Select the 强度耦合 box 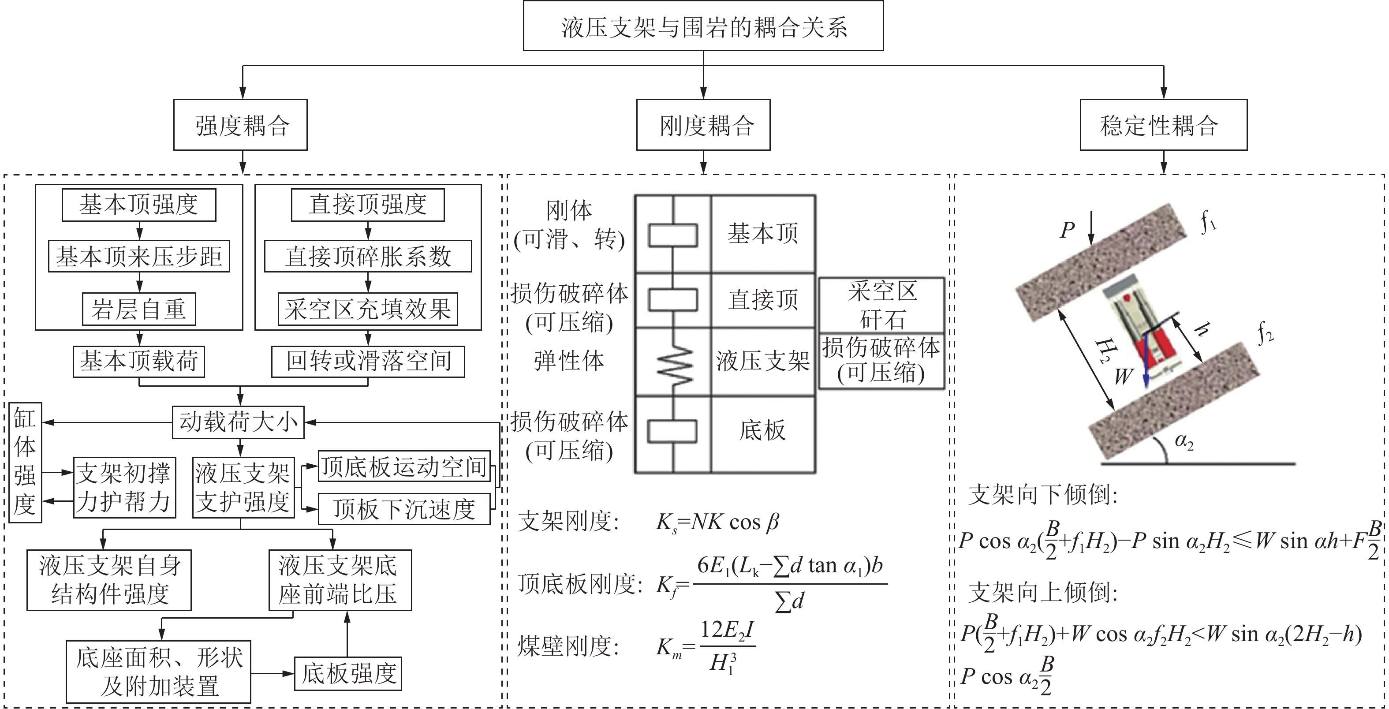240,125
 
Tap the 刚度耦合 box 703,125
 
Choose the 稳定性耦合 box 1163,125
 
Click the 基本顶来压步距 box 139,257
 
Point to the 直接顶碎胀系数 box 368,257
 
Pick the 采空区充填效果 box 368,310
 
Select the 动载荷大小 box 238,422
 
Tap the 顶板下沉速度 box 404,509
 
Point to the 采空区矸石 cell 881,305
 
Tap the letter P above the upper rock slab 1068,231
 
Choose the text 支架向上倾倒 1043,593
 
